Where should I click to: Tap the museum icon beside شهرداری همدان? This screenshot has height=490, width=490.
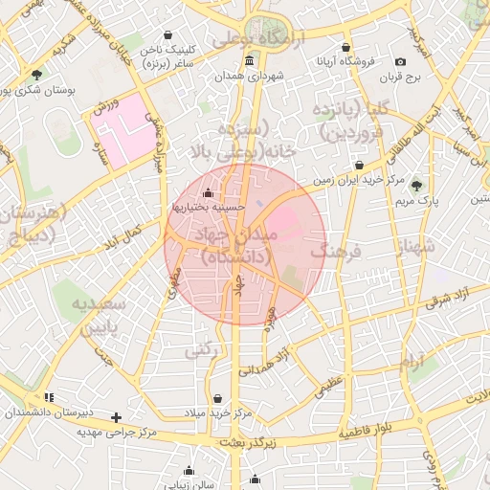point(249,61)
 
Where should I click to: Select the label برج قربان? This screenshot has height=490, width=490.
point(400,77)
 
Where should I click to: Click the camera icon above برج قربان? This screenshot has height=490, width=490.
point(400,62)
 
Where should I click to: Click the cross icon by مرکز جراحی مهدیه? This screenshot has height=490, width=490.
point(116,417)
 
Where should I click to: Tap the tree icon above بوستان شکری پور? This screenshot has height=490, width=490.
point(36,74)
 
